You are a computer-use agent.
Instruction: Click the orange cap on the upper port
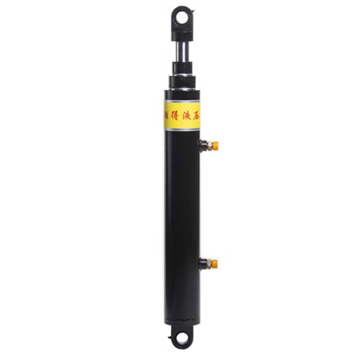click(x=215, y=145)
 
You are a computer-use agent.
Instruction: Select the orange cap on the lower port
click(x=215, y=263)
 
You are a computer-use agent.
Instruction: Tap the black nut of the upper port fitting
click(x=207, y=145)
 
